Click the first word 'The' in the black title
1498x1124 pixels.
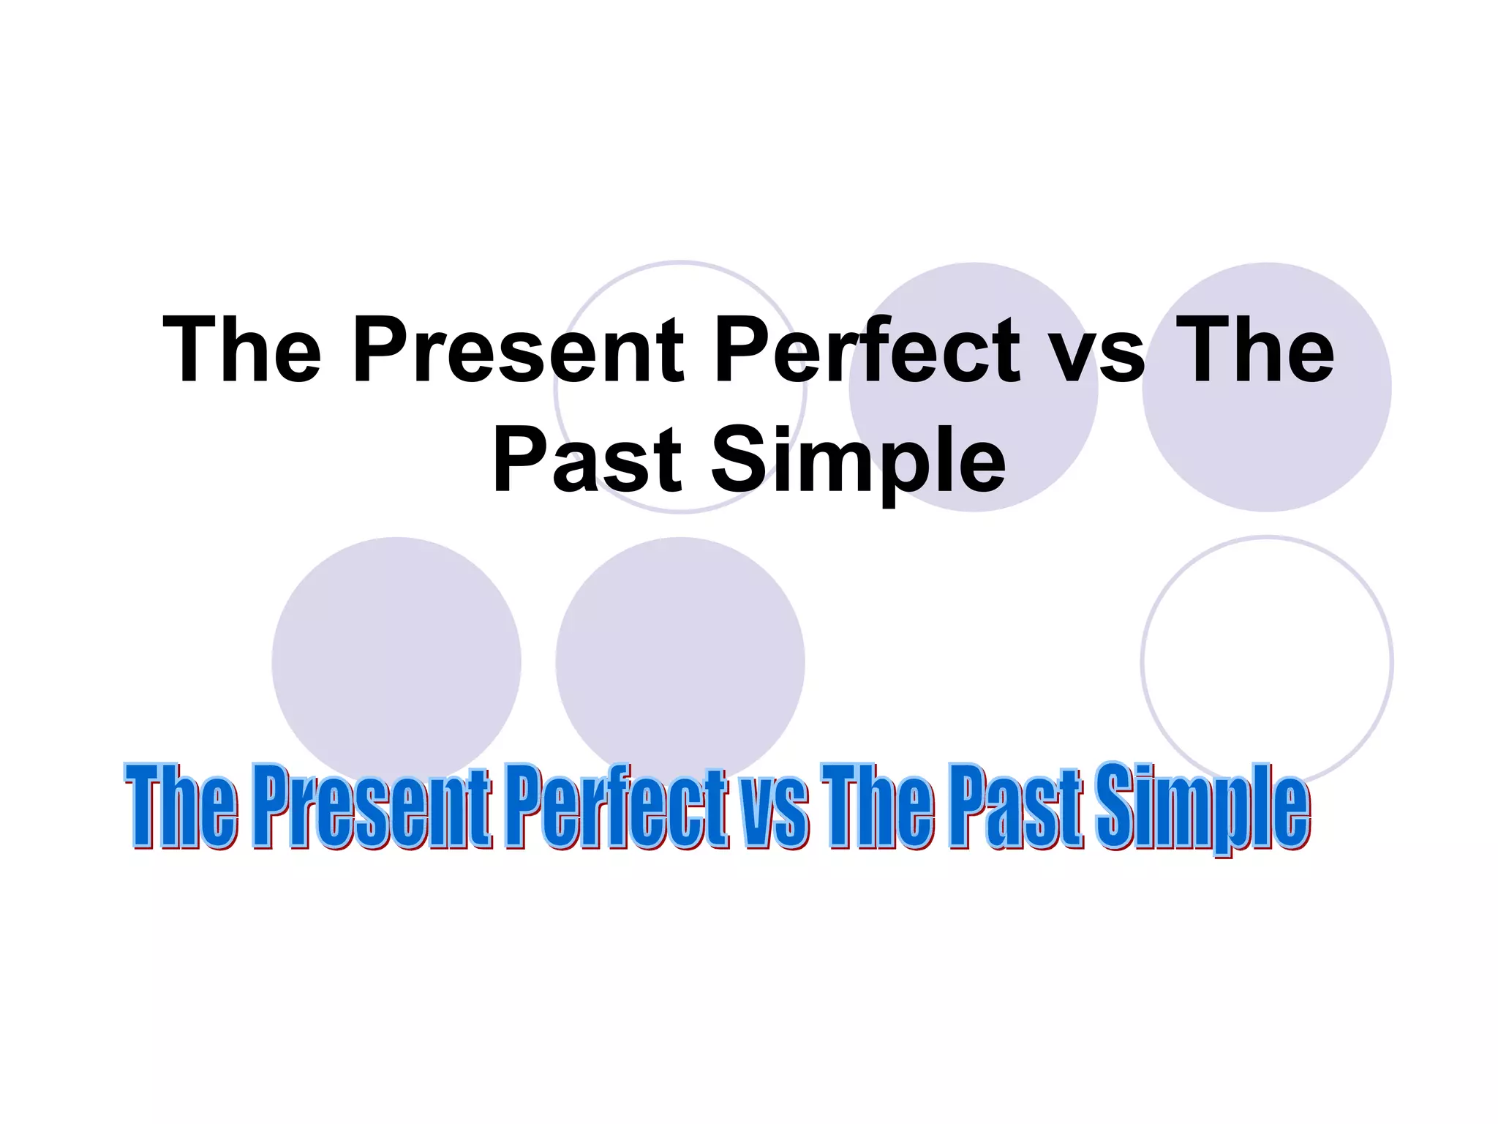click(x=242, y=349)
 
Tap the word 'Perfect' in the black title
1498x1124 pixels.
click(x=866, y=349)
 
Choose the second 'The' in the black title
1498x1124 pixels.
click(x=1255, y=349)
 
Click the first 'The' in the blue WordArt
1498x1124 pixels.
click(x=181, y=806)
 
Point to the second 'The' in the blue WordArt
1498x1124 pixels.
click(x=878, y=806)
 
